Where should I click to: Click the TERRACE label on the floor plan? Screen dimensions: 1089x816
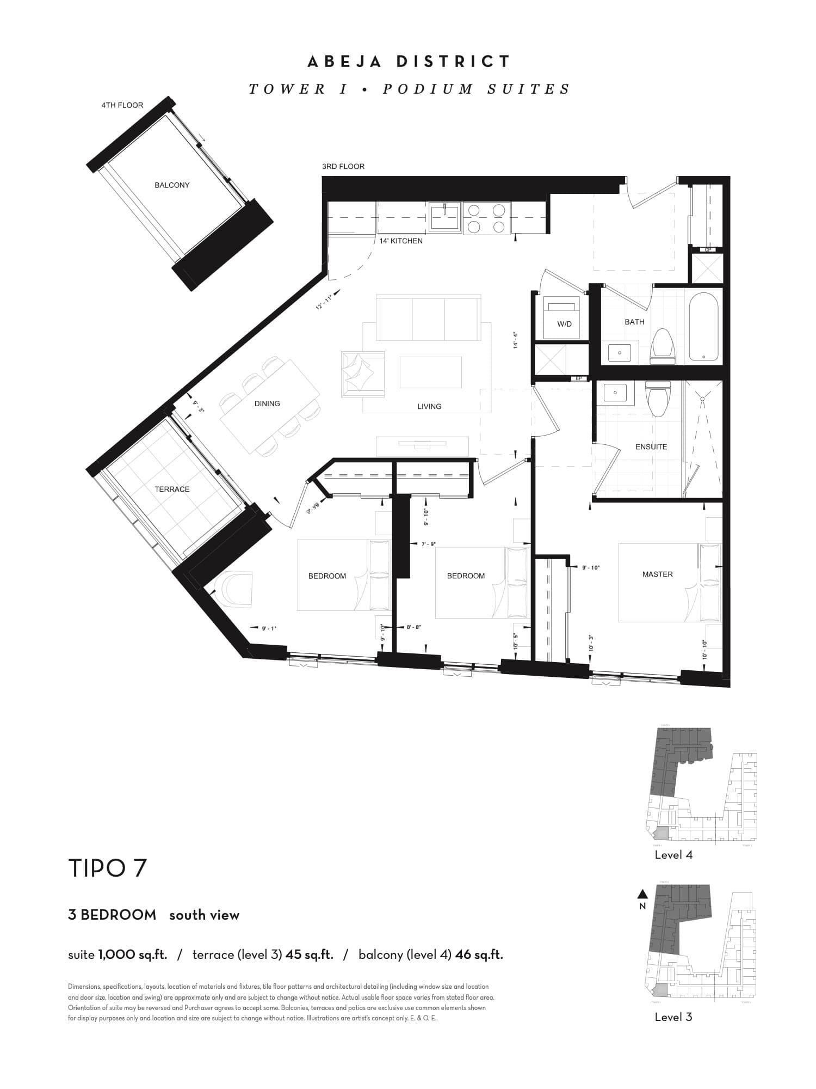coord(172,489)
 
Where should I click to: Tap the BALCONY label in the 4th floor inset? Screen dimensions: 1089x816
coord(172,185)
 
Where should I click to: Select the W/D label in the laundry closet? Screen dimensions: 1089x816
coord(564,324)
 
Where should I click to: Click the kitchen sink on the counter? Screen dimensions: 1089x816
coord(444,216)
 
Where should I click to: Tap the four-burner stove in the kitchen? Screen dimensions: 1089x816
coord(486,218)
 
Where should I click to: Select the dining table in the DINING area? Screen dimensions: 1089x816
coord(270,406)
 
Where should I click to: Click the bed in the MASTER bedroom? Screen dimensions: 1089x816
coord(670,582)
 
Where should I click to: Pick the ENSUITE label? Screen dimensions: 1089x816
coord(651,446)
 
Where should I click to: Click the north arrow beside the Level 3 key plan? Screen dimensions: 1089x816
coord(642,894)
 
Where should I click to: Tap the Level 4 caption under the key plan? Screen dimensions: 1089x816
coord(673,855)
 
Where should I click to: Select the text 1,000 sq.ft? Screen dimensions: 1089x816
coord(132,955)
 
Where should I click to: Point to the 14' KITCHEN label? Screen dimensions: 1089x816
coord(401,241)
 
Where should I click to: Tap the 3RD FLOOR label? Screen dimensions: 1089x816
coord(343,166)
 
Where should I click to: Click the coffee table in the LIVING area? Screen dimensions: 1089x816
coord(431,372)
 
